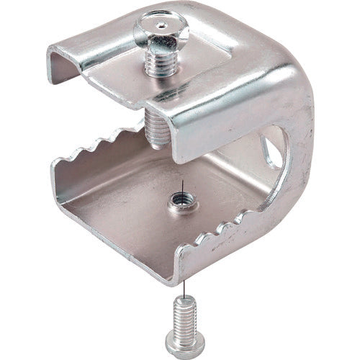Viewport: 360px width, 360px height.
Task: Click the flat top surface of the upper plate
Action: (209, 68)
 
